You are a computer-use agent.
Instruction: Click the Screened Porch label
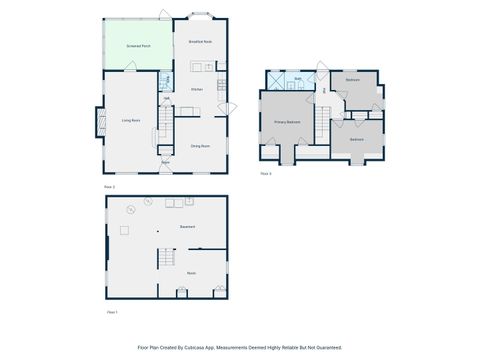(x=139, y=46)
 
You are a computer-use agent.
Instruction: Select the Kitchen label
(x=197, y=90)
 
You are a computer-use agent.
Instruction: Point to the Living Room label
(x=130, y=121)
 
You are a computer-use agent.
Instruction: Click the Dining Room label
(x=200, y=146)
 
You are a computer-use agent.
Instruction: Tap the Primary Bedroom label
(x=288, y=122)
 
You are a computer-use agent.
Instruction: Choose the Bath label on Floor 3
(x=298, y=77)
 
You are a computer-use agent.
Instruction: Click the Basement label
(x=187, y=227)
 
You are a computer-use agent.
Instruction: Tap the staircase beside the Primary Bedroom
(x=322, y=124)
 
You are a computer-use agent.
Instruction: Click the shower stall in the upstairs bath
(x=273, y=79)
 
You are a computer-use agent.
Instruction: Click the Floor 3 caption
(x=266, y=173)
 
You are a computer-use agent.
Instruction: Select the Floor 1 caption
(x=112, y=312)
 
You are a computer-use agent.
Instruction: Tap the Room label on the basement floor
(x=190, y=272)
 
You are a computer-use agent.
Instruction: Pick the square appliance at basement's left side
(x=124, y=231)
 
